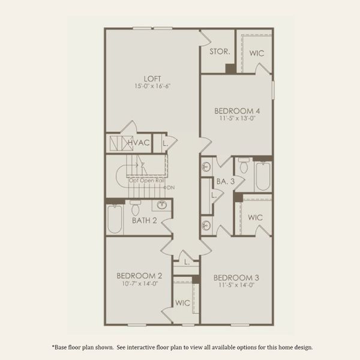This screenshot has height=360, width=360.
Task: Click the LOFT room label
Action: pos(152,78)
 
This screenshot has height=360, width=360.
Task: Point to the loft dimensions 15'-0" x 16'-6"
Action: pos(152,87)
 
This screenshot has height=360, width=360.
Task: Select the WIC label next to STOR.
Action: pos(257,53)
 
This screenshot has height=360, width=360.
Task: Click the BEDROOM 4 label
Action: pos(238,110)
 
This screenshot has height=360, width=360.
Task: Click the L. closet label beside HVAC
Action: pos(164,143)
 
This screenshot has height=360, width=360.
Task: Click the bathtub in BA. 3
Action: pos(263,175)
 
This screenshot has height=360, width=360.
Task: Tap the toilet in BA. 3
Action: pos(244,164)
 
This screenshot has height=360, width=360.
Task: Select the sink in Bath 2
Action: pos(161,205)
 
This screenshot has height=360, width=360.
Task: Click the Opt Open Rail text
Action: pos(146,180)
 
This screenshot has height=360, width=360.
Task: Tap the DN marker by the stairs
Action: pos(170,188)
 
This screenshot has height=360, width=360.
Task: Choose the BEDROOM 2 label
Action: pos(139,276)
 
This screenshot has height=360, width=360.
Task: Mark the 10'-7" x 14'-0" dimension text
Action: pos(139,285)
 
